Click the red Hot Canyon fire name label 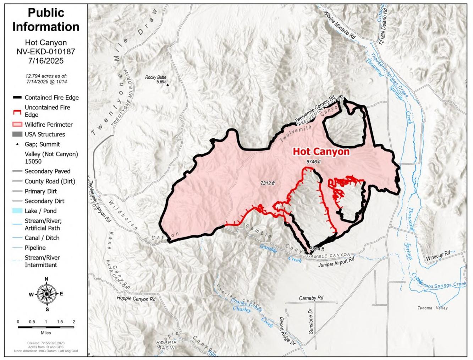[x=321, y=152]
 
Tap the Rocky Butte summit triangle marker [x=168, y=85]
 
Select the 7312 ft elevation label [x=268, y=183]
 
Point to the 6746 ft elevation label [x=314, y=162]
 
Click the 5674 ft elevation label [x=317, y=249]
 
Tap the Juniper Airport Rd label [x=336, y=262]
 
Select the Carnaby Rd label [x=311, y=298]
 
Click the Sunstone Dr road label [x=311, y=321]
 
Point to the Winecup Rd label [x=438, y=255]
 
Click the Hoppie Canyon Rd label [x=136, y=299]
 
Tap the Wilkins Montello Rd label [x=340, y=24]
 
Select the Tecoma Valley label [x=432, y=308]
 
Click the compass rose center [x=46, y=294]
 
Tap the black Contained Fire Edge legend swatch [x=17, y=97]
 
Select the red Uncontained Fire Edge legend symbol [x=17, y=112]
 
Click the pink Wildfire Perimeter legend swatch [x=17, y=125]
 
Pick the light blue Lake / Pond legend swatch [x=17, y=211]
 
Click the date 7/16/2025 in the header [x=46, y=61]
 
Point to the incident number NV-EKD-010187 [x=46, y=51]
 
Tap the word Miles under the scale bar [x=46, y=333]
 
